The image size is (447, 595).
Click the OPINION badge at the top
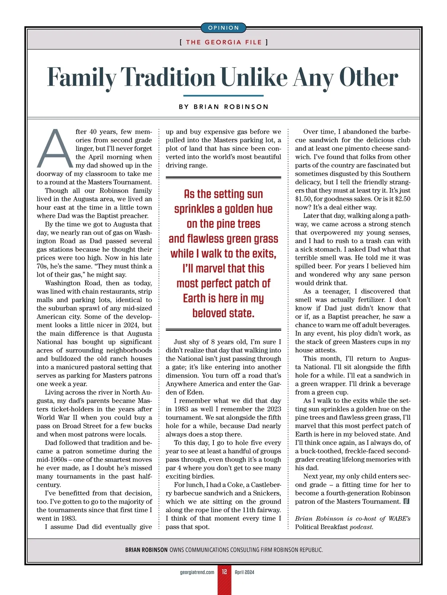point(223,28)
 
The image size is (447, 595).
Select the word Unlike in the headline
point(254,78)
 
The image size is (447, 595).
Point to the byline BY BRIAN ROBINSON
point(223,107)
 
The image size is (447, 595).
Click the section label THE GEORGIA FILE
point(223,42)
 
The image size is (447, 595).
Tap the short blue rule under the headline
point(223,96)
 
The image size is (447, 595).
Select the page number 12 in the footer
point(224,572)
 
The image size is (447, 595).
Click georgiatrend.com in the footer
point(197,572)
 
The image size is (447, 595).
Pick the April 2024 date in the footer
point(244,572)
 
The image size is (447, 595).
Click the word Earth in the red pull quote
point(194,299)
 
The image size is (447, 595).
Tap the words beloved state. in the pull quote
point(223,314)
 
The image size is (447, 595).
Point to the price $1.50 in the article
point(304,199)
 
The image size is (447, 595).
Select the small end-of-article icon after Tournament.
point(406,501)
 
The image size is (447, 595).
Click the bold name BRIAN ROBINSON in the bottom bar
point(146,550)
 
